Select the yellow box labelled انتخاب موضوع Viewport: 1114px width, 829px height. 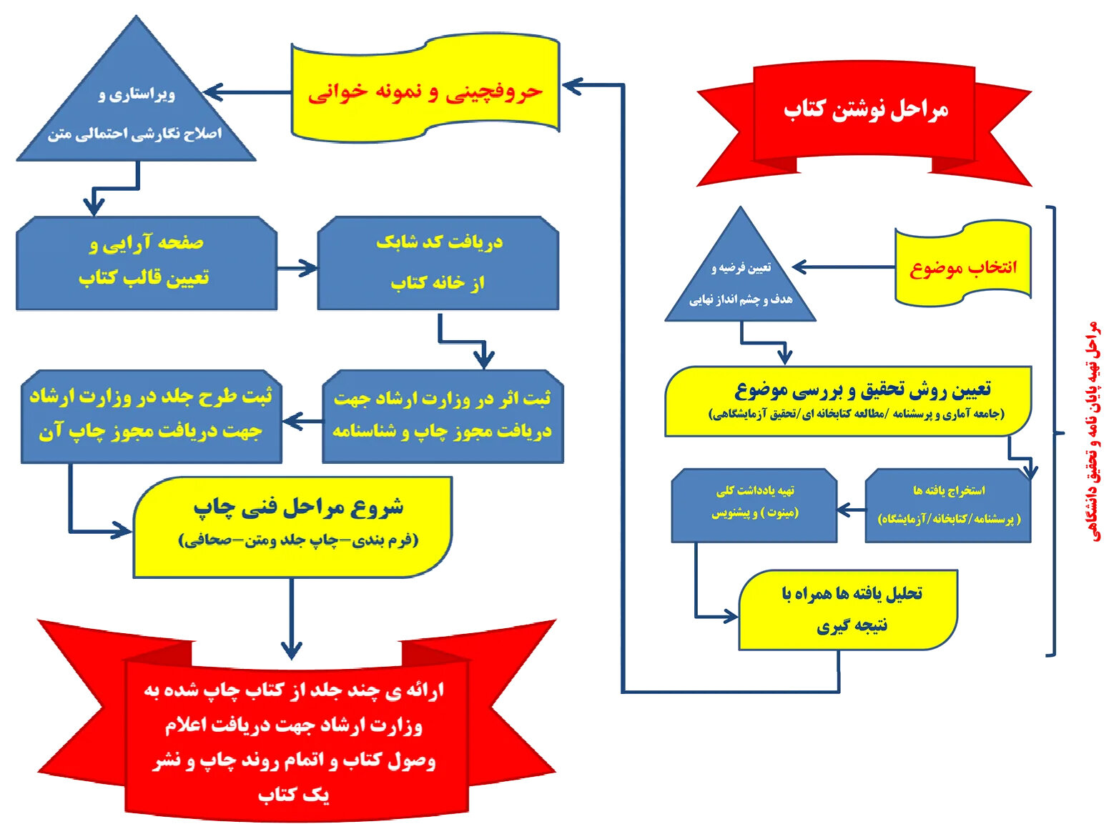(x=963, y=266)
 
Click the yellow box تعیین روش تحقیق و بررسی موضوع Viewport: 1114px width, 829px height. (x=848, y=401)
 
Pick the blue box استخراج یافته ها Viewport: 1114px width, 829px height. (x=947, y=506)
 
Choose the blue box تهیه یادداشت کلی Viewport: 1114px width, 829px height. (x=754, y=506)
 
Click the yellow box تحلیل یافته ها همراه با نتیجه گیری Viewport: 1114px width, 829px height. (x=848, y=610)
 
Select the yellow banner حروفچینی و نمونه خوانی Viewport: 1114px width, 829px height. (x=425, y=90)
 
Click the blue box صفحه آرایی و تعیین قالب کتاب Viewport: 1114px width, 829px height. (x=146, y=263)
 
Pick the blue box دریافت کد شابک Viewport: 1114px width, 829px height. (x=438, y=263)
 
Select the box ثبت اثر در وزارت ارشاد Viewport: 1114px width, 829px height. (x=443, y=416)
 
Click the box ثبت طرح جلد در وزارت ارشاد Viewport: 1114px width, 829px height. (x=151, y=416)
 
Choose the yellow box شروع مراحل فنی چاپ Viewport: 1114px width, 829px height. (x=293, y=527)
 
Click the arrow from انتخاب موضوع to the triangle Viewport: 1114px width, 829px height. (x=843, y=267)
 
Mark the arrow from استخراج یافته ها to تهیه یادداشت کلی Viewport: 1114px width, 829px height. (x=852, y=510)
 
